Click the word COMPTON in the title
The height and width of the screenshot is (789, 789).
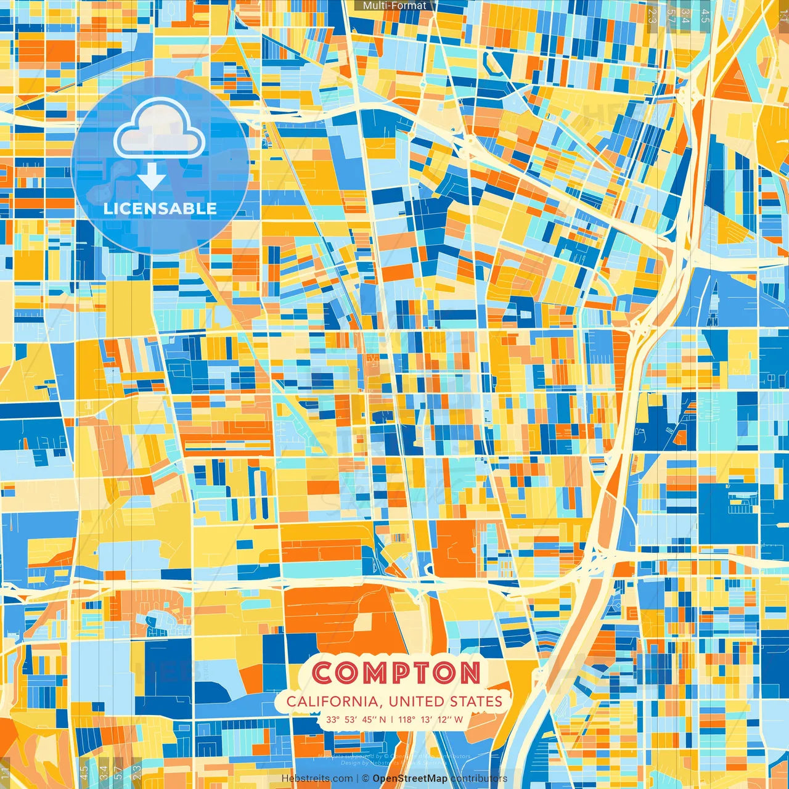click(x=397, y=672)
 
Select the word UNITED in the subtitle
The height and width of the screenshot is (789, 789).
click(x=415, y=701)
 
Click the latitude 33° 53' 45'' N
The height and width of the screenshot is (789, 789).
click(x=356, y=719)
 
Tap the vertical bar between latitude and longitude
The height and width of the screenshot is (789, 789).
click(x=392, y=719)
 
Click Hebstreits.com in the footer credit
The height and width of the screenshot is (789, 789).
click(x=317, y=779)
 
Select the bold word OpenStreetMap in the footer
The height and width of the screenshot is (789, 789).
click(x=410, y=779)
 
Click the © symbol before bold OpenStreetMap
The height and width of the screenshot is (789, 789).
click(x=366, y=779)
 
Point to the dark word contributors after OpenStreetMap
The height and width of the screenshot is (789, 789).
click(x=479, y=779)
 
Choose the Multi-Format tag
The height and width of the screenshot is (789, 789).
click(x=394, y=6)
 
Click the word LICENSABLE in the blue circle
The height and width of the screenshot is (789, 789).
click(x=160, y=208)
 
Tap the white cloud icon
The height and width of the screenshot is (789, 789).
click(x=160, y=129)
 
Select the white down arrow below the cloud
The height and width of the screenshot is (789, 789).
click(x=152, y=178)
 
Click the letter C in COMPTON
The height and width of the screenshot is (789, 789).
click(x=324, y=672)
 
